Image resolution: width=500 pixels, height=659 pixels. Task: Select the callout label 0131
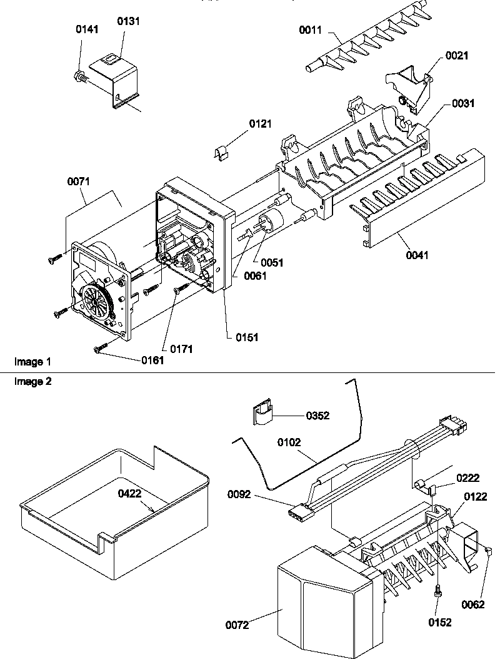(x=129, y=21)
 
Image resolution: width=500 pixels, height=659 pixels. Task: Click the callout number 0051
(x=272, y=262)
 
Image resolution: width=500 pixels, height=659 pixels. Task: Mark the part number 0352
(x=317, y=415)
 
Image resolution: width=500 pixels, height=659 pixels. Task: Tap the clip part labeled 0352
(x=262, y=414)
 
